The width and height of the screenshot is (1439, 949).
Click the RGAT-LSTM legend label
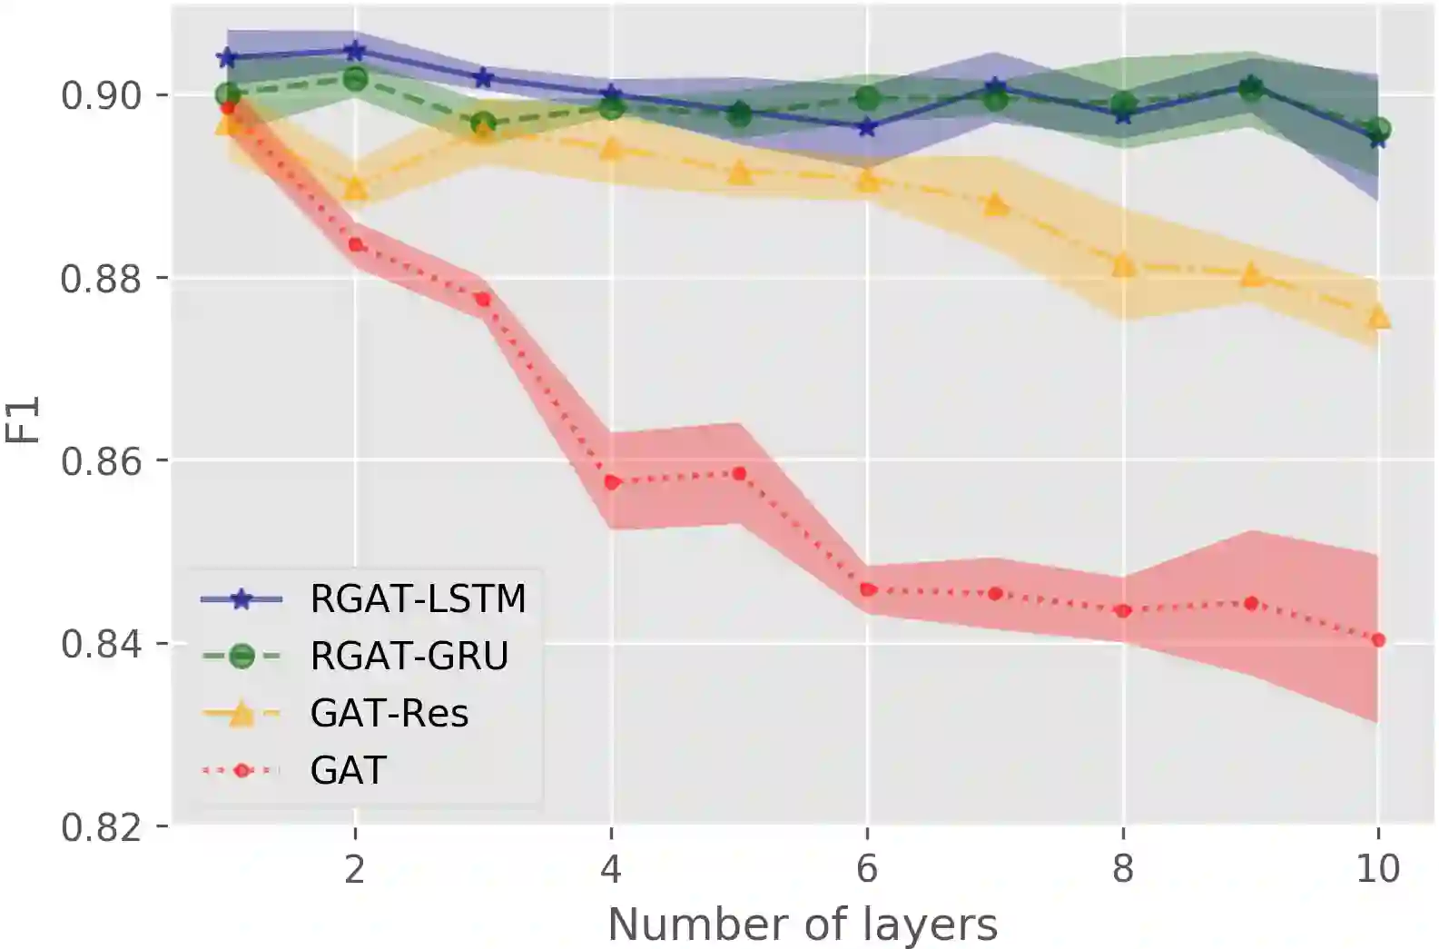tap(418, 599)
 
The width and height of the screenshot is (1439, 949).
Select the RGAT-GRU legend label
tap(409, 656)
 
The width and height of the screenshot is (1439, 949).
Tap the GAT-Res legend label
tap(389, 713)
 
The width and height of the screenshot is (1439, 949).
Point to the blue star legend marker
tap(241, 599)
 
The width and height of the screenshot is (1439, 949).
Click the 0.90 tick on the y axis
tap(102, 94)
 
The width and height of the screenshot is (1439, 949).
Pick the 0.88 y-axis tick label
tap(102, 278)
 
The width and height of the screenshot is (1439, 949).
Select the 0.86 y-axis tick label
tap(102, 460)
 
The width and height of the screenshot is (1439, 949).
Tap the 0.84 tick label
tap(102, 644)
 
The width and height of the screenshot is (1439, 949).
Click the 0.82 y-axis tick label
tap(102, 827)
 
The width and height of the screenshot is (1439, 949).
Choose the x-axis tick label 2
tap(355, 869)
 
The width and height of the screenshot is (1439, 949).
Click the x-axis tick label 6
tap(867, 869)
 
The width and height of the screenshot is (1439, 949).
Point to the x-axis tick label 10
tap(1377, 869)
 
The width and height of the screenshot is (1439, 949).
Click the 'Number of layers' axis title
tap(802, 925)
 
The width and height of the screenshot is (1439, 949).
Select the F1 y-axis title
tap(24, 420)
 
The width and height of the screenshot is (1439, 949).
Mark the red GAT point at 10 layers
tap(1378, 640)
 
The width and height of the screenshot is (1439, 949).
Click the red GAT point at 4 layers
tap(611, 482)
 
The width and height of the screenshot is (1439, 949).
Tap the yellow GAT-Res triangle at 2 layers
tap(355, 189)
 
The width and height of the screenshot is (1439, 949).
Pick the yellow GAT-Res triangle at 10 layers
tap(1378, 317)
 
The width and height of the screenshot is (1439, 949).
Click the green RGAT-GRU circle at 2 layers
tap(355, 79)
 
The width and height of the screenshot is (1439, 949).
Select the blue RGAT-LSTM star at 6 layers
tap(867, 128)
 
